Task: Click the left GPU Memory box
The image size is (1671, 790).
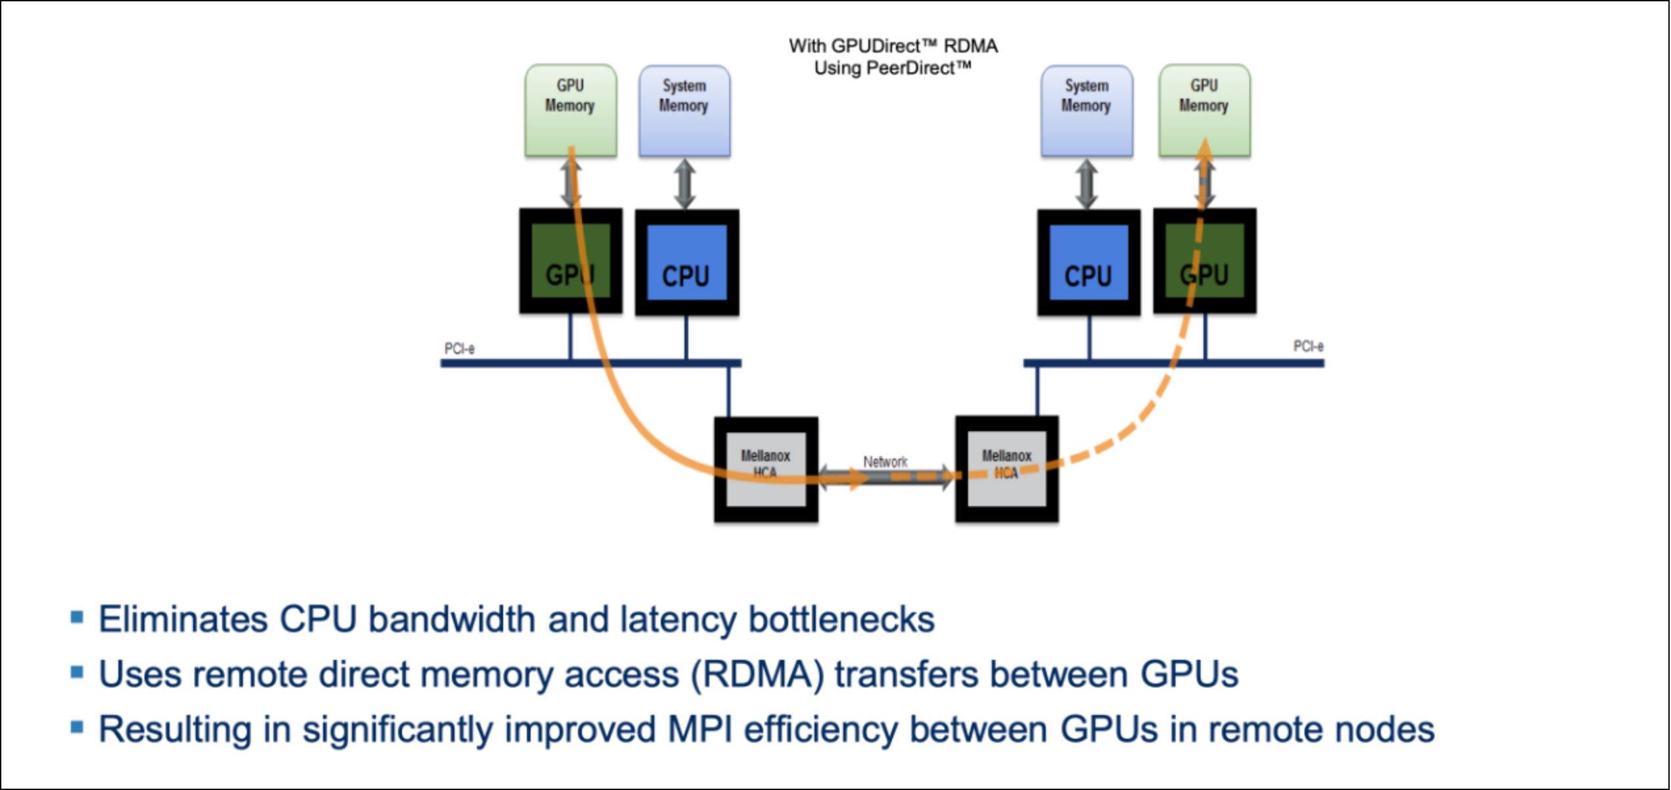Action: [x=570, y=110]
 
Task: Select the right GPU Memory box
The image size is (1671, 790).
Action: [x=1204, y=110]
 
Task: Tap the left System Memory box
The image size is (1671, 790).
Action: [x=684, y=110]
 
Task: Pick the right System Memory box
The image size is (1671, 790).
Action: [x=1086, y=110]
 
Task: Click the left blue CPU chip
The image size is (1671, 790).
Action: [x=686, y=262]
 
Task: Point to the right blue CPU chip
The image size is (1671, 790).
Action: [x=1088, y=262]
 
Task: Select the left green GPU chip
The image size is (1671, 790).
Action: [x=570, y=261]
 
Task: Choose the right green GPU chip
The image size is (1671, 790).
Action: [x=1205, y=261]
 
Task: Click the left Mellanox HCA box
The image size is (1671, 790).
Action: [x=766, y=469]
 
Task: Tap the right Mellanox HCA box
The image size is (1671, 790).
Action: [x=1007, y=469]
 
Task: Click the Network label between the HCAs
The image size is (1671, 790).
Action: [x=885, y=462]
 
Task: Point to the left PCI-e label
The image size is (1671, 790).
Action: [x=459, y=348]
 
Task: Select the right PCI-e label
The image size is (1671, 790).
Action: [x=1308, y=346]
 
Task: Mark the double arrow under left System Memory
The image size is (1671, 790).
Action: [x=685, y=183]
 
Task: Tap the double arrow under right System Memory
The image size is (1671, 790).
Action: [x=1086, y=183]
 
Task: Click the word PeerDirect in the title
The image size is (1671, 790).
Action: [x=917, y=68]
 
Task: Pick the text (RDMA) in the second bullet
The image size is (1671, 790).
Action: [x=757, y=674]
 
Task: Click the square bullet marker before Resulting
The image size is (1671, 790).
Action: [x=77, y=727]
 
